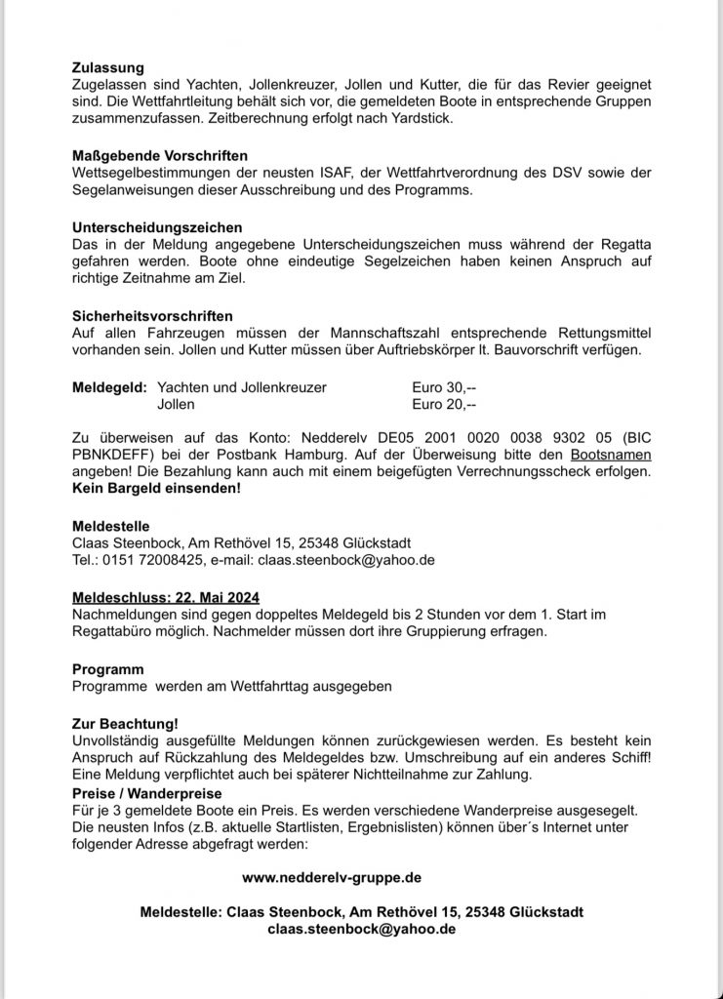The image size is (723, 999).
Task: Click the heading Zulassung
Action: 108,68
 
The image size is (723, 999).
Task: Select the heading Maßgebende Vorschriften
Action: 161,155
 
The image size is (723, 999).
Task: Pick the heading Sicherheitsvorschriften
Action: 152,316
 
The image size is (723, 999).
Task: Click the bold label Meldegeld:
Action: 109,387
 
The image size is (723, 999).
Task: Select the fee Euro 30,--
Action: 444,387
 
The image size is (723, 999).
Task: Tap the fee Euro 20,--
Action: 444,404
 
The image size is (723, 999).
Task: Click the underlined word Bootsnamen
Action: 611,456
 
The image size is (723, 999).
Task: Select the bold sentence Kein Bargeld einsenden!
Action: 156,488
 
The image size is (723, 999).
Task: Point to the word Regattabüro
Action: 115,631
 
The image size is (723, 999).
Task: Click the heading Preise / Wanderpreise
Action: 147,793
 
